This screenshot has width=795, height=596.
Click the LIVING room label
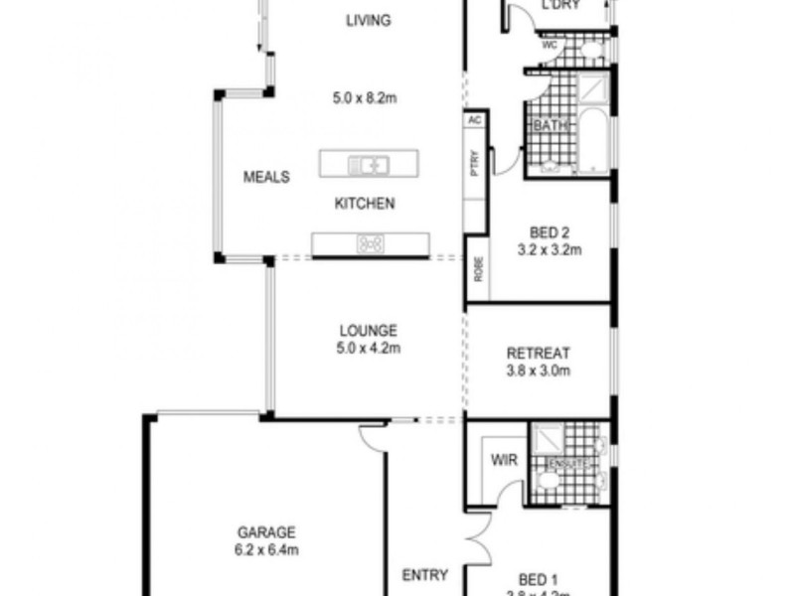point(368,20)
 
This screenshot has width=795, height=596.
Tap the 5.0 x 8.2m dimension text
point(364,98)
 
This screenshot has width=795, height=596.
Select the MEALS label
point(266,178)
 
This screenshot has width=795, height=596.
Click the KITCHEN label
point(364,204)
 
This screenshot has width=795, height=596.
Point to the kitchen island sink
point(368,163)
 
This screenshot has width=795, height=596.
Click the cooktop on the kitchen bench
point(371,242)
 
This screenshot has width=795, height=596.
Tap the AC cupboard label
point(474,119)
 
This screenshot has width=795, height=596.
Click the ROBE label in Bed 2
point(478,270)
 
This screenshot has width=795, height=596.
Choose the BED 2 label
point(549,232)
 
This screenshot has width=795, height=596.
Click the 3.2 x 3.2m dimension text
point(549,250)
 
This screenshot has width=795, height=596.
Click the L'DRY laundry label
point(559,6)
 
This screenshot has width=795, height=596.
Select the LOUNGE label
point(368,331)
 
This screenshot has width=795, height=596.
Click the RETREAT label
point(538,354)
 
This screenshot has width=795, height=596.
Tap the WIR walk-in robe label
point(501,461)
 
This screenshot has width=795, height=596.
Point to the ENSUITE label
point(569,464)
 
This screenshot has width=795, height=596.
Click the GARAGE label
point(265,532)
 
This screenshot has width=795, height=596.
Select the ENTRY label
point(424,574)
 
